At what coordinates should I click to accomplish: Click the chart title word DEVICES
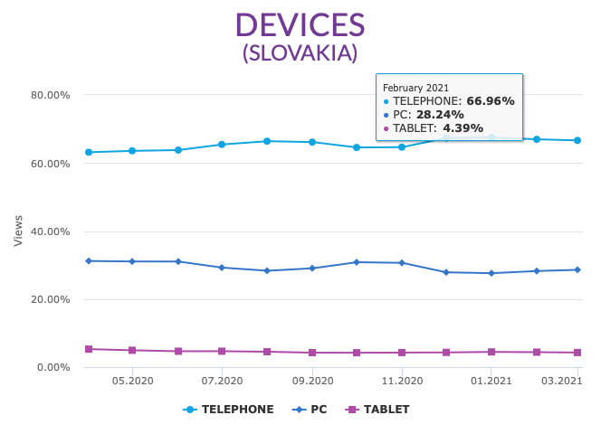[300, 24]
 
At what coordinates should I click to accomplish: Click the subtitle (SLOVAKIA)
[300, 53]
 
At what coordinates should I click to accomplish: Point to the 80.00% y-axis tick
[52, 95]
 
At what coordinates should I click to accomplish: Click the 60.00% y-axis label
[52, 164]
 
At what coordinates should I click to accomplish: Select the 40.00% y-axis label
[52, 231]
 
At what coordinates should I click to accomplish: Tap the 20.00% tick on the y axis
[52, 299]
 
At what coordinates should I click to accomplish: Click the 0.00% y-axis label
[54, 367]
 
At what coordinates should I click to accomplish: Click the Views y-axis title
[18, 231]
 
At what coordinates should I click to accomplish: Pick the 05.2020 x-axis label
[133, 382]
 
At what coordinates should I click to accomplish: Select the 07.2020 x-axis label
[223, 382]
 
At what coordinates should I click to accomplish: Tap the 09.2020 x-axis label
[312, 382]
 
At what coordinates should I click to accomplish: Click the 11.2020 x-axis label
[402, 382]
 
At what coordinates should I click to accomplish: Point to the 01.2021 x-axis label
[491, 382]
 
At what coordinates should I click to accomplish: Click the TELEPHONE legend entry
[228, 410]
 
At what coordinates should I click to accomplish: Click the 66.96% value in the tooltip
[490, 101]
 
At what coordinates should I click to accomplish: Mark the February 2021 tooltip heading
[415, 88]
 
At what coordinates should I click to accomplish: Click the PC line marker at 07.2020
[222, 268]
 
